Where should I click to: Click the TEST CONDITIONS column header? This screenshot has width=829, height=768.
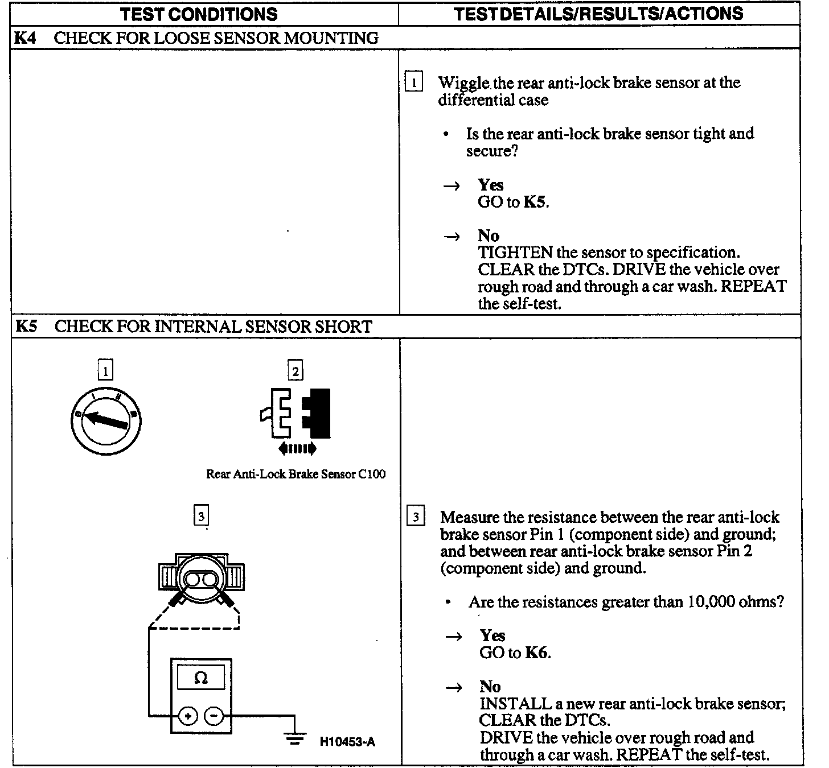point(199,14)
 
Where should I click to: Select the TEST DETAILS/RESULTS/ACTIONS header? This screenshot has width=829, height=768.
point(598,14)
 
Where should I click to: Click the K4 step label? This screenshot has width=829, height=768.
point(26,38)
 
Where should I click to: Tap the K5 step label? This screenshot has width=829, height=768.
point(26,327)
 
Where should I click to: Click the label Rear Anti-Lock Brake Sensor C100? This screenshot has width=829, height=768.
point(296,474)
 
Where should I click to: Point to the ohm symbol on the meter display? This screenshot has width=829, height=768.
point(201,678)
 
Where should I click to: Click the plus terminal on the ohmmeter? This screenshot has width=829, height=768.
point(188,716)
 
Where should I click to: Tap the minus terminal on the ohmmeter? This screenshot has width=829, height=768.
point(214,716)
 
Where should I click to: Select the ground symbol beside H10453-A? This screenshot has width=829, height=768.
point(294,738)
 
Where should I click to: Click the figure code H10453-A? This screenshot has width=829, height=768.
point(347,742)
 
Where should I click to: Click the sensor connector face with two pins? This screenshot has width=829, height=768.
point(201,579)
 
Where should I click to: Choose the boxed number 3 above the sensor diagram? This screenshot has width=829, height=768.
point(201,517)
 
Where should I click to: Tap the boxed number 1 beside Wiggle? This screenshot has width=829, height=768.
point(414,83)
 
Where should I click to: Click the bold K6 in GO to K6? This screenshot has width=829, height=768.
point(537,653)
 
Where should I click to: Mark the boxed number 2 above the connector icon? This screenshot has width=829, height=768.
point(296,372)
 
